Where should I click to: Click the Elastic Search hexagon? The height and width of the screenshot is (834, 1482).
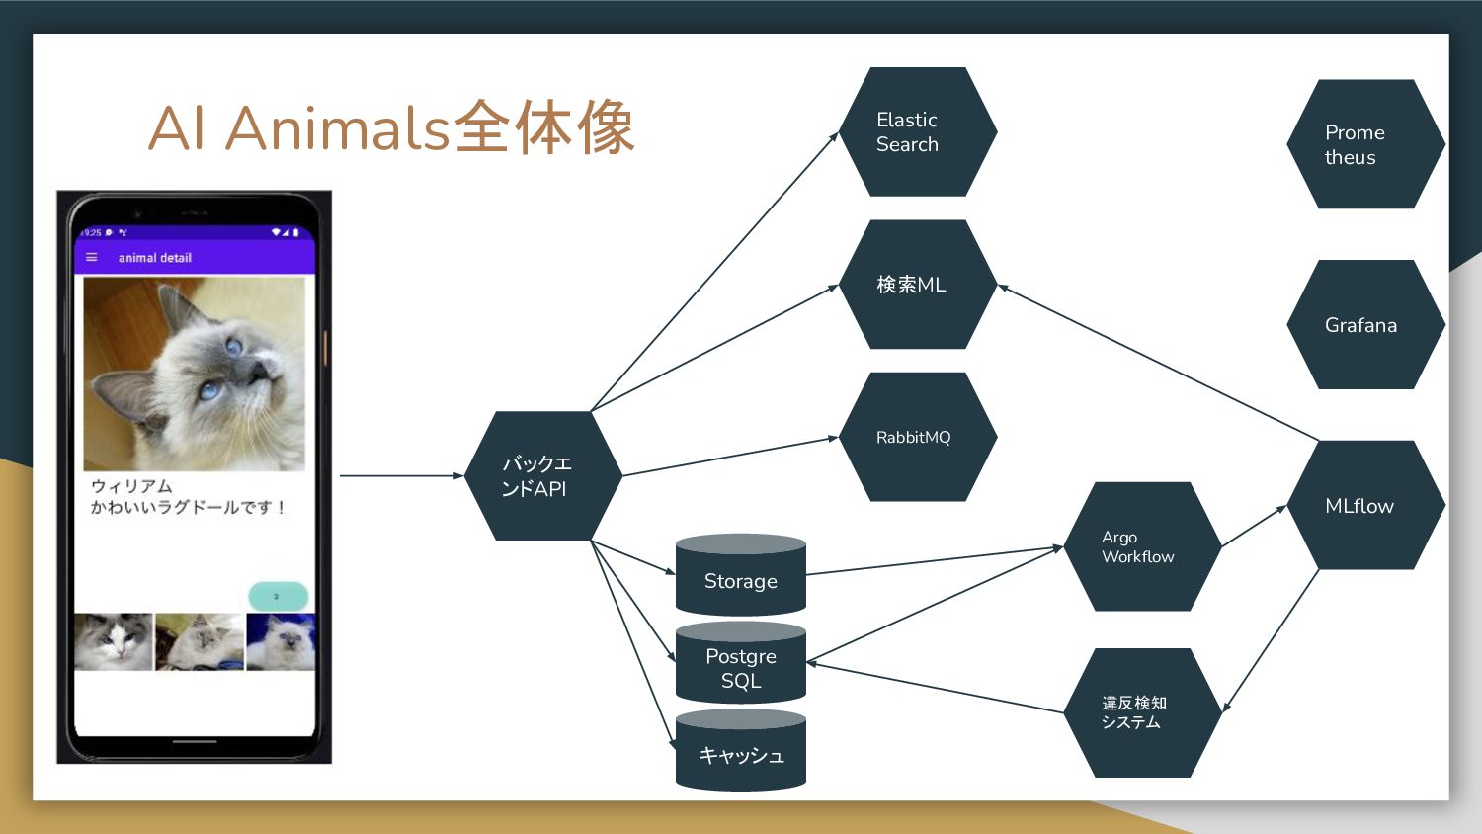tap(917, 131)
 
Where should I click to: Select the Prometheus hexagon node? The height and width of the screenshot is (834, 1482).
tap(1365, 144)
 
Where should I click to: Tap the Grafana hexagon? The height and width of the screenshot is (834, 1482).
tap(1365, 325)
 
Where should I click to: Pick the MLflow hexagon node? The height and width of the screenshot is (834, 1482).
tap(1365, 505)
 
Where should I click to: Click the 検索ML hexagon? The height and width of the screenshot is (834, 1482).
tap(917, 285)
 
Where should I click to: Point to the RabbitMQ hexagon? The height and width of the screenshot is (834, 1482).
tap(917, 437)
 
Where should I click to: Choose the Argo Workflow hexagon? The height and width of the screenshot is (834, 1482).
tap(1142, 546)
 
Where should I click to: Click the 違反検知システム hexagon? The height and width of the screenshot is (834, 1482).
tap(1142, 712)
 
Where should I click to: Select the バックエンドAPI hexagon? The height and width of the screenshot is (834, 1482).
tap(542, 475)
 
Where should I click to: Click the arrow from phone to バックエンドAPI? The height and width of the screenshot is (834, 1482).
tap(400, 475)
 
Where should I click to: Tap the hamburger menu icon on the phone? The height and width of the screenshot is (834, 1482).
tap(92, 258)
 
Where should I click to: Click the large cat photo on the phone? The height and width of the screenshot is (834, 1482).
tap(195, 374)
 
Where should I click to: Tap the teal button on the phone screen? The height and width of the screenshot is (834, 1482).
tap(278, 596)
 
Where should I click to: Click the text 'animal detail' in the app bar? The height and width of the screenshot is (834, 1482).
tap(155, 258)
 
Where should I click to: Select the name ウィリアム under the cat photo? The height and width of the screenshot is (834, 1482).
tap(131, 486)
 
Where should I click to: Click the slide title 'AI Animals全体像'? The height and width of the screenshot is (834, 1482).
tap(391, 128)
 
